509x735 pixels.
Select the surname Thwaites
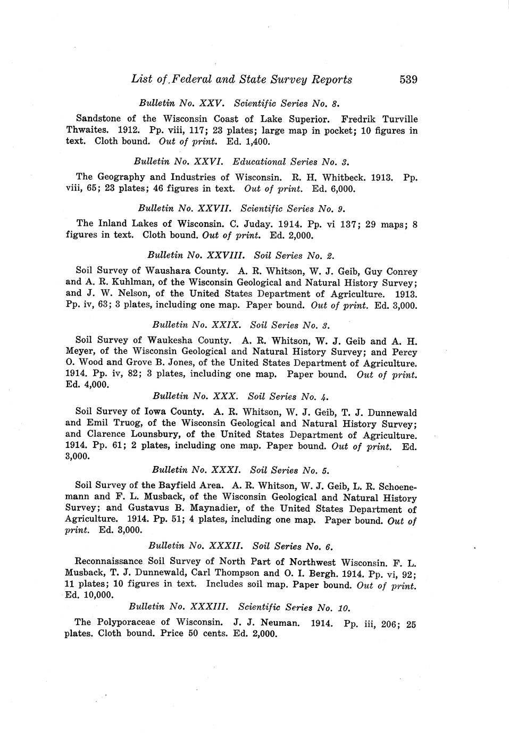(x=84, y=130)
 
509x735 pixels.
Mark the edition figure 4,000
(x=96, y=386)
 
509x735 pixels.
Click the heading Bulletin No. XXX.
(x=196, y=397)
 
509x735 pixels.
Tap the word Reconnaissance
(x=110, y=562)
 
